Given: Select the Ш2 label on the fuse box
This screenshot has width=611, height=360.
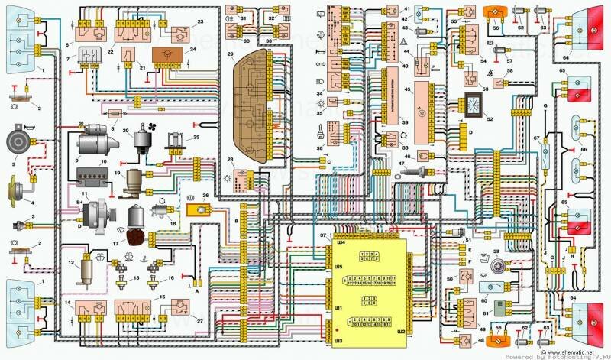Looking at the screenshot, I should point(401,333).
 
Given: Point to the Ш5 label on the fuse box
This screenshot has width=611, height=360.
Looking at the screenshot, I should point(338,266).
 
